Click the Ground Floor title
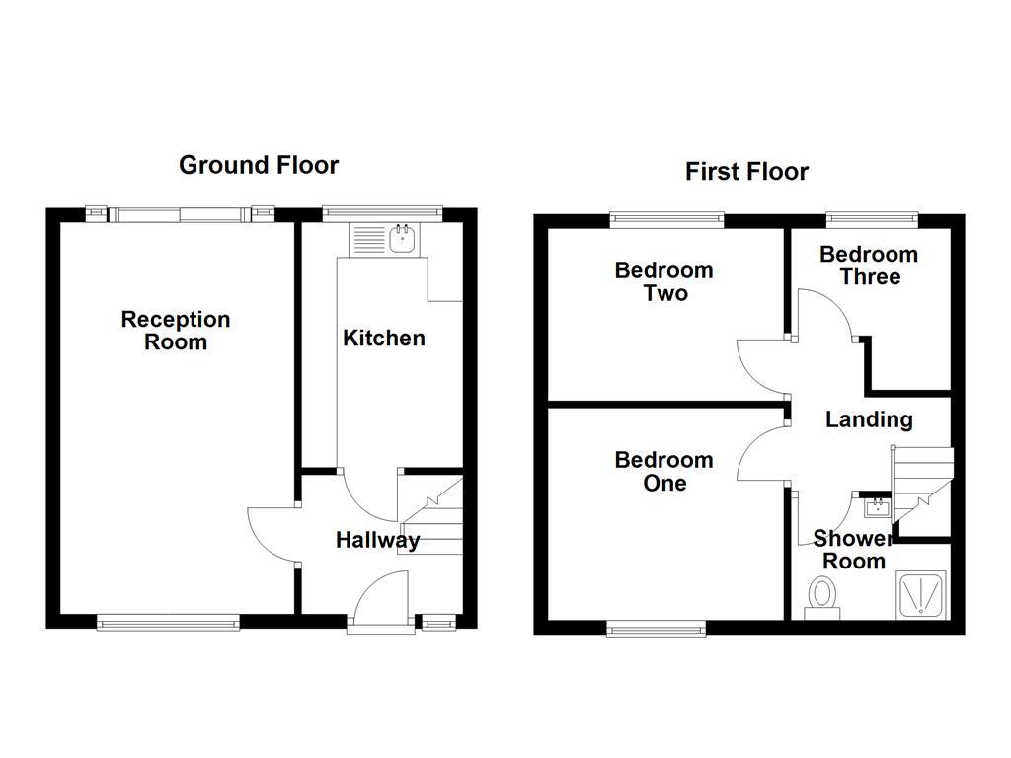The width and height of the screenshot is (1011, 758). pos(258,165)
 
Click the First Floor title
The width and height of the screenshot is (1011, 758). pos(746,172)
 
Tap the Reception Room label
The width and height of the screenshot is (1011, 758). pos(176,331)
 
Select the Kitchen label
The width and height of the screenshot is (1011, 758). pos(383,338)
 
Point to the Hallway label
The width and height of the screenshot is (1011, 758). pos(377,540)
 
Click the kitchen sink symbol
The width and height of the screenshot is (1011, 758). pos(402,238)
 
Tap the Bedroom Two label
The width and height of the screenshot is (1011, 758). pos(663,281)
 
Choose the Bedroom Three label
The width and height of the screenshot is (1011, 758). pos(869,265)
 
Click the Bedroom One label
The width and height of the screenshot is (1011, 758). pos(663,471)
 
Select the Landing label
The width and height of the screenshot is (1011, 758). pos(869,419)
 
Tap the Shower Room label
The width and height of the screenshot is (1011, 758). pos(851,550)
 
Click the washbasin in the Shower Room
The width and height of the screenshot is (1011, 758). pos(876,508)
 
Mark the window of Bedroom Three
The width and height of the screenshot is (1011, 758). pos(871,219)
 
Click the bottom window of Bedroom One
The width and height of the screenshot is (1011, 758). pos(656,627)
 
